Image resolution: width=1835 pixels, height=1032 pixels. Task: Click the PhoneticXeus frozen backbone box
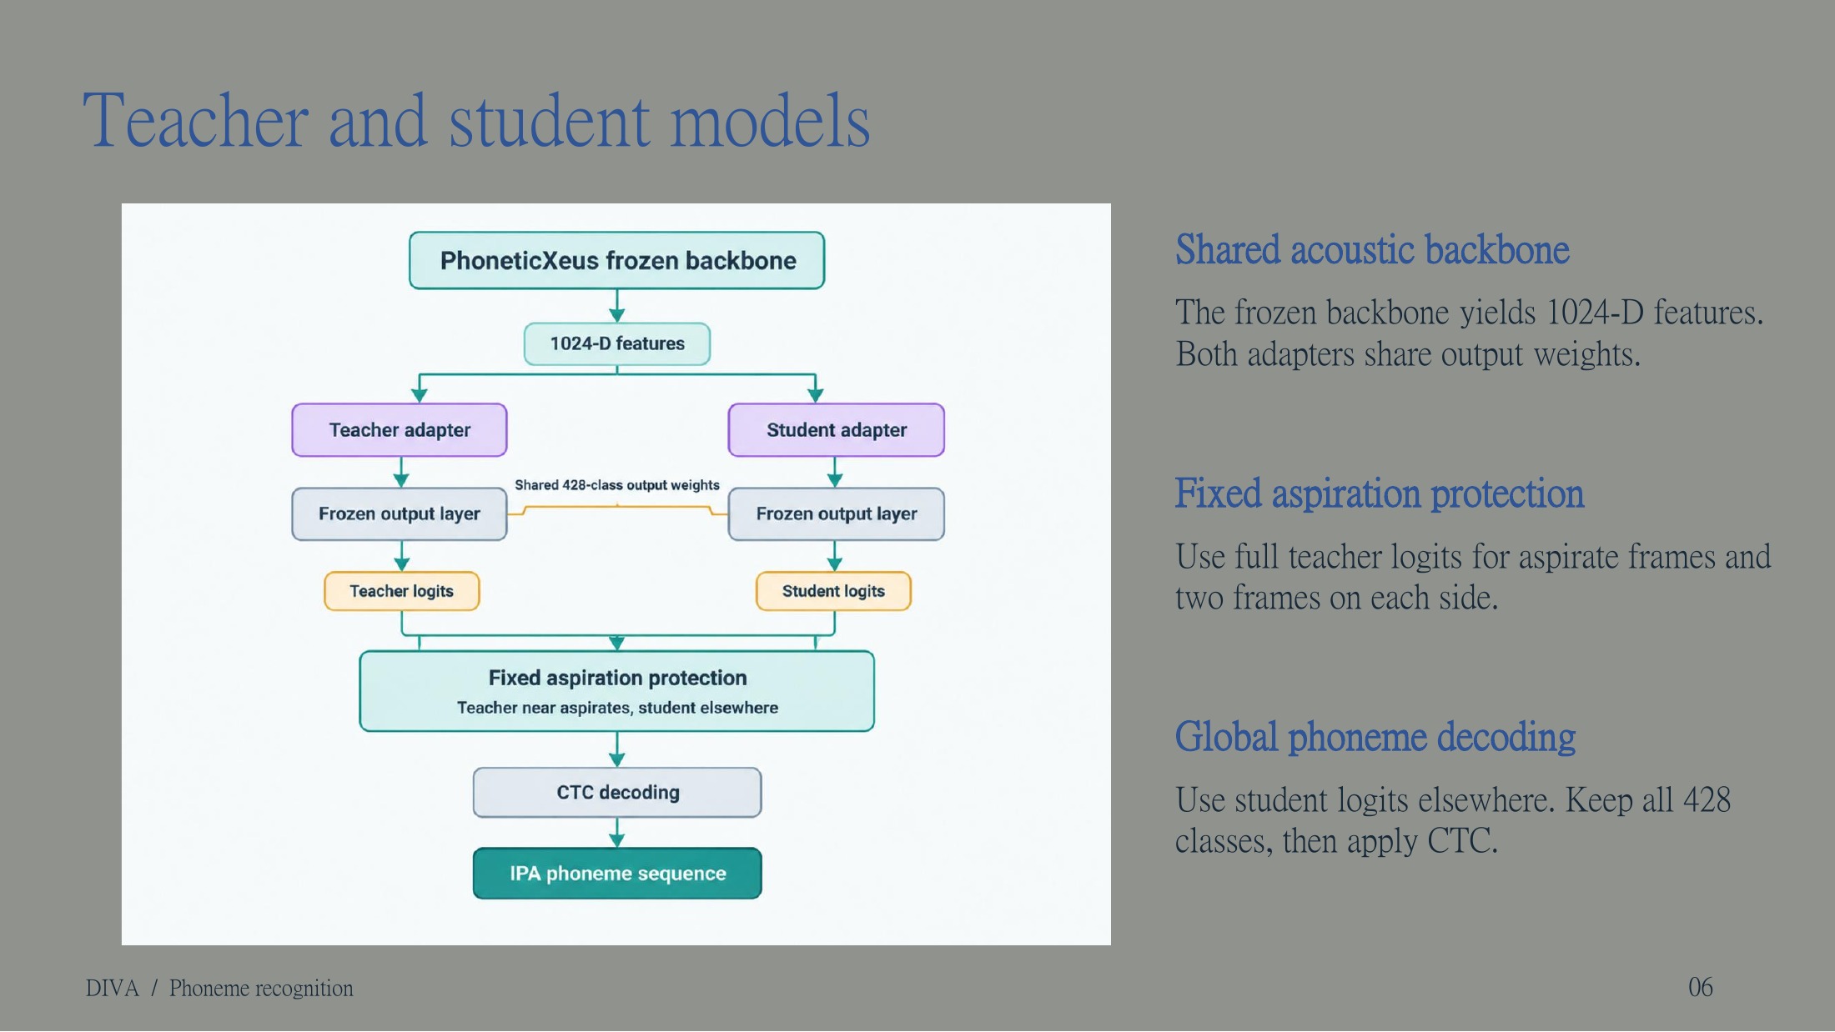616,261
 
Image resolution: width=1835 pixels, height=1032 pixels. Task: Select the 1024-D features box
617,343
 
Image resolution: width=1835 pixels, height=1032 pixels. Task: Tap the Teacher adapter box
400,430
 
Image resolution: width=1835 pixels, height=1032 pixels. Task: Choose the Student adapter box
836,430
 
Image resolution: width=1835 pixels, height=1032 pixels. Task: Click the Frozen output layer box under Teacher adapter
400,514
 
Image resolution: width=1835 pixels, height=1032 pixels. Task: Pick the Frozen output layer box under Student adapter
836,514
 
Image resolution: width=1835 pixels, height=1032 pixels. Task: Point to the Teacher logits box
401,591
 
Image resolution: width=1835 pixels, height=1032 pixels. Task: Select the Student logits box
833,591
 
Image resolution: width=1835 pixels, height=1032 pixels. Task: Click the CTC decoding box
617,793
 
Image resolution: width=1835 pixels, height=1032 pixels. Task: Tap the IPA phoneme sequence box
617,874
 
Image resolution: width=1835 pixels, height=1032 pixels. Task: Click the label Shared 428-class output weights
617,485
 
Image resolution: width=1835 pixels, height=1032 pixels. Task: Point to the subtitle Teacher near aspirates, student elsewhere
617,708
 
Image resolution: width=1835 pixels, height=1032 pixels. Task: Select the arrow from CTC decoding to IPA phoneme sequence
617,833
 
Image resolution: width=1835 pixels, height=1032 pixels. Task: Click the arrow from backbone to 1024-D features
617,306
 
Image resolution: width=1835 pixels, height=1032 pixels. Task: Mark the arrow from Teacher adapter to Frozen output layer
401,473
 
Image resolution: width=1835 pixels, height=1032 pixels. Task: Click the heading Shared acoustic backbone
1372,250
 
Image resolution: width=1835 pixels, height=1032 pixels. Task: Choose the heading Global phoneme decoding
1375,738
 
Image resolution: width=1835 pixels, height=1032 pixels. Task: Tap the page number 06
1701,987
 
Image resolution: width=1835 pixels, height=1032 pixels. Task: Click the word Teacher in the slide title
196,122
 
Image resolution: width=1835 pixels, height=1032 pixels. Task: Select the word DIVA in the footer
112,989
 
